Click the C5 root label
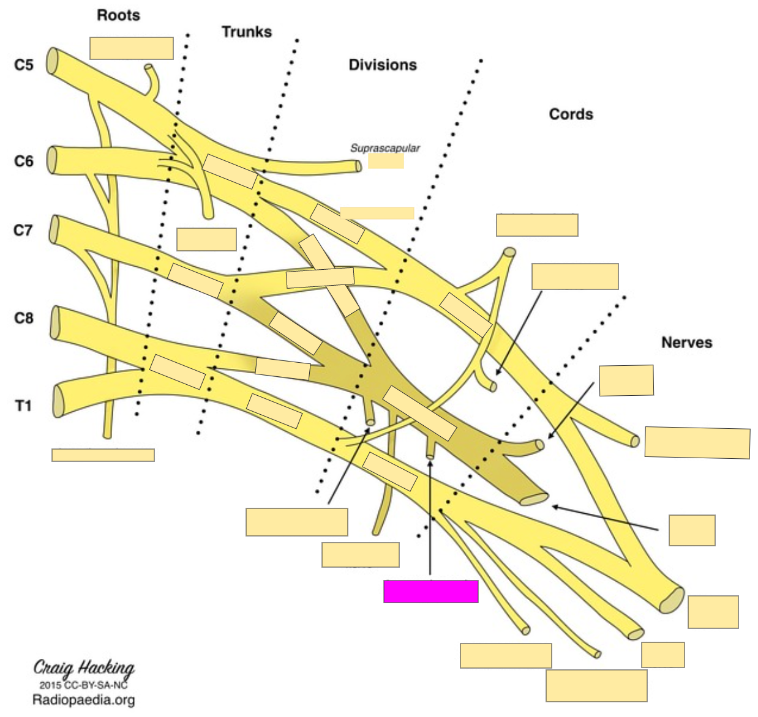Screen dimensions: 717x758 pyautogui.click(x=24, y=64)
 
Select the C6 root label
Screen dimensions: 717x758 pyautogui.click(x=24, y=161)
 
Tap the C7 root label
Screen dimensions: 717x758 pyautogui.click(x=23, y=230)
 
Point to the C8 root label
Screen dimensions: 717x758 pyautogui.click(x=24, y=318)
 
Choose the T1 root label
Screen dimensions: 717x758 pyautogui.click(x=23, y=406)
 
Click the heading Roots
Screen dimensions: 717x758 pyautogui.click(x=118, y=15)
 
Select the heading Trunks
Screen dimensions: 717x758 pyautogui.click(x=247, y=32)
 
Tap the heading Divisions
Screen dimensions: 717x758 pyautogui.click(x=383, y=65)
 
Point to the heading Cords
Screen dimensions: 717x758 pyautogui.click(x=571, y=114)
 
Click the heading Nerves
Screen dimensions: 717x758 pyautogui.click(x=686, y=342)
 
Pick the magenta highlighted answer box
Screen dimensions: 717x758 pyautogui.click(x=430, y=592)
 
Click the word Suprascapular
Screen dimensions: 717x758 pyautogui.click(x=385, y=148)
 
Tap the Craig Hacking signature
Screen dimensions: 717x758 pyautogui.click(x=84, y=667)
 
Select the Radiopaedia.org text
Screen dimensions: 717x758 pyautogui.click(x=83, y=700)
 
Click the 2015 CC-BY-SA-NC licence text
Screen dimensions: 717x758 pyautogui.click(x=83, y=685)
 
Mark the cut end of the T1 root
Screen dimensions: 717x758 pyautogui.click(x=58, y=401)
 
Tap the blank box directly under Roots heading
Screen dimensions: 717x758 pyautogui.click(x=131, y=48)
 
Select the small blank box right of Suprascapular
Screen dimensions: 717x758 pyautogui.click(x=386, y=161)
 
